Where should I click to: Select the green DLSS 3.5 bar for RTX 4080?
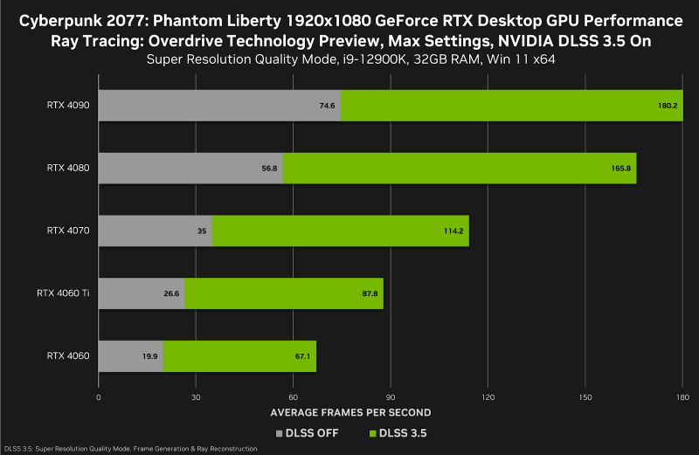(459, 168)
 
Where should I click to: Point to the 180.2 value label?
(668, 106)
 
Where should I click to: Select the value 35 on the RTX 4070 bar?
(201, 231)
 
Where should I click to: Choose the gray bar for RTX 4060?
(129, 356)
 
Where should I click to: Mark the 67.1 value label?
(301, 357)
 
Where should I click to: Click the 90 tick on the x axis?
(391, 397)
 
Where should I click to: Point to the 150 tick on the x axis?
(585, 397)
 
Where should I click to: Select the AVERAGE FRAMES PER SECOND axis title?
(350, 412)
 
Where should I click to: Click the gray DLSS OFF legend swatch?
(279, 432)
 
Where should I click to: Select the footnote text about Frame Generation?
(131, 449)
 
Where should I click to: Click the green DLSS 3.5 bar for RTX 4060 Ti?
(284, 293)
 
